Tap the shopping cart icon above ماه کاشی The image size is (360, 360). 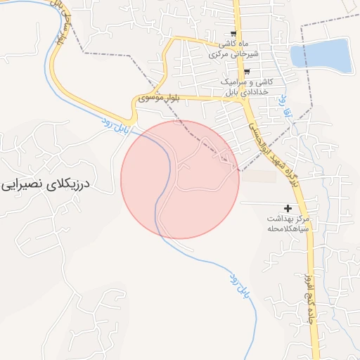[x=233, y=34]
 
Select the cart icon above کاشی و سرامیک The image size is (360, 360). [x=246, y=71]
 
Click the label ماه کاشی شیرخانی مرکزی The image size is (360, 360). [x=235, y=49]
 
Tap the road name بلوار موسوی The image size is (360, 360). [x=160, y=98]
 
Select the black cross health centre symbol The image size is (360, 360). [x=287, y=209]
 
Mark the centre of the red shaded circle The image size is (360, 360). [x=180, y=179]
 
